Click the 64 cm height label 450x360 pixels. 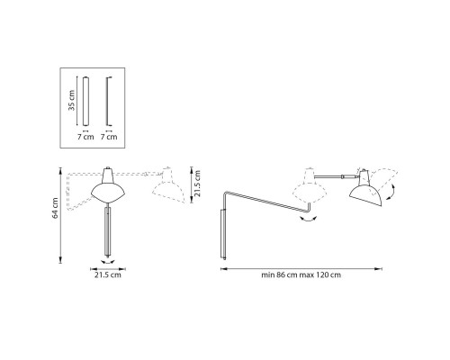click(55, 208)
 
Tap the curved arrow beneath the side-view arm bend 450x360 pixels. click(309, 217)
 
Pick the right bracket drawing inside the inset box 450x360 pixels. click(109, 101)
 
